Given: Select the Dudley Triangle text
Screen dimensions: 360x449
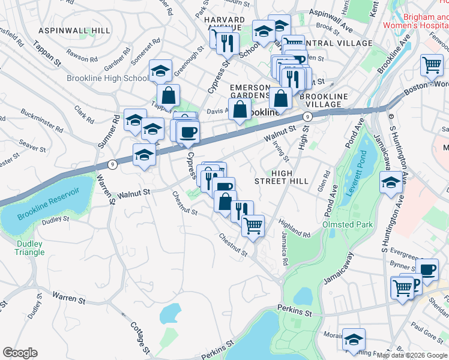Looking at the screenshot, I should pyautogui.click(x=29, y=248).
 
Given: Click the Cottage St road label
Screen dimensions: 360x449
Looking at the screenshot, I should pyautogui.click(x=140, y=336).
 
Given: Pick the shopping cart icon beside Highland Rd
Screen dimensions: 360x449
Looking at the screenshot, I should pyautogui.click(x=253, y=226).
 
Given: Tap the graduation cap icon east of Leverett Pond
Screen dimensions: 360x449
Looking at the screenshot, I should pyautogui.click(x=391, y=182).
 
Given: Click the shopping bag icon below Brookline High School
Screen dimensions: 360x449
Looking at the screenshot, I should pyautogui.click(x=169, y=94).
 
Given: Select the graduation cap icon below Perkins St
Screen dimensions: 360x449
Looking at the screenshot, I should pyautogui.click(x=354, y=338).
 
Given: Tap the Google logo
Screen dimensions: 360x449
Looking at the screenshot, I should pyautogui.click(x=20, y=352).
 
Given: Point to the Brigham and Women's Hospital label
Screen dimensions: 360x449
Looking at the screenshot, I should pyautogui.click(x=416, y=22).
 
